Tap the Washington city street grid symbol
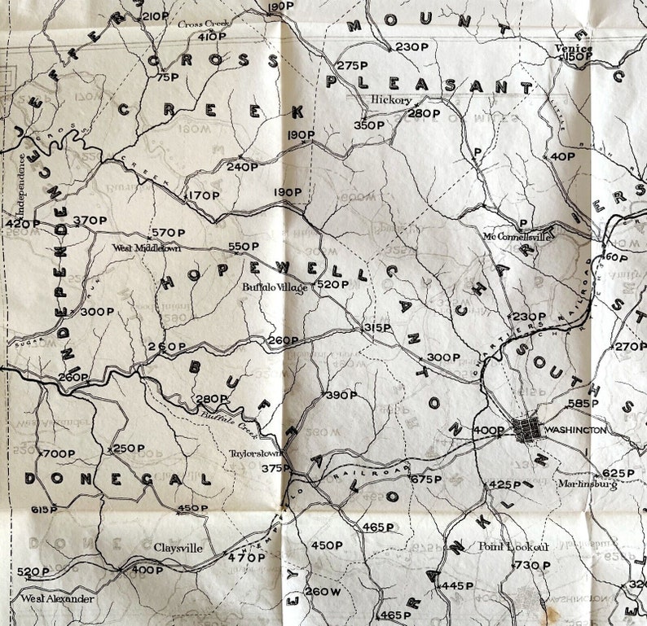(x=525, y=429)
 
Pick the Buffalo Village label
(x=274, y=287)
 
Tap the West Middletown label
(x=147, y=248)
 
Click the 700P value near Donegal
(x=58, y=453)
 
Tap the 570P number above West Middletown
(x=169, y=233)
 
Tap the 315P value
(x=376, y=327)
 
